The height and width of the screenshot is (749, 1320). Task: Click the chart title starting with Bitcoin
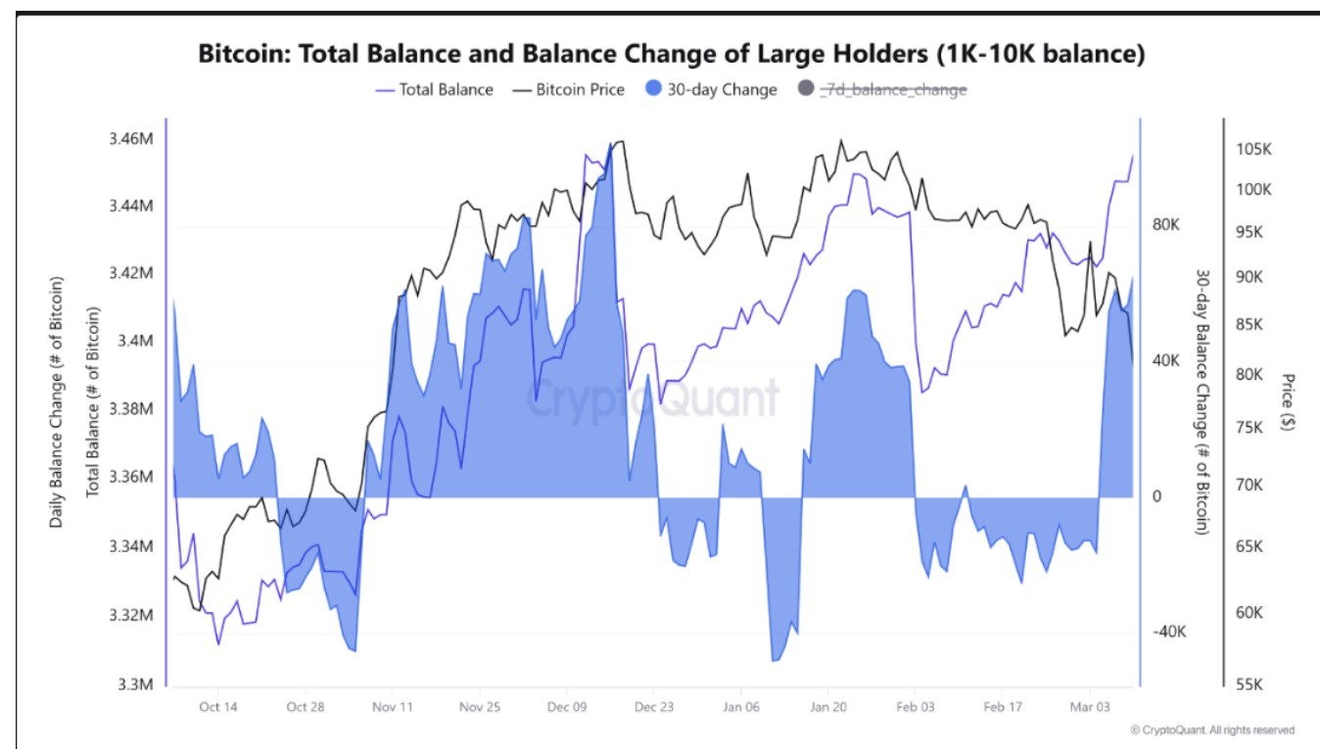pyautogui.click(x=671, y=53)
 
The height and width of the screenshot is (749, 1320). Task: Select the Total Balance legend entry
pyautogui.click(x=435, y=89)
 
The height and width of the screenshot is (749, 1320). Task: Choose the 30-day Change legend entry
pyautogui.click(x=711, y=89)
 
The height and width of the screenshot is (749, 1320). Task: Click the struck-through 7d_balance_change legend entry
pyautogui.click(x=882, y=89)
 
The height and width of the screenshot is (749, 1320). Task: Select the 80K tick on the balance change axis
pyautogui.click(x=1166, y=224)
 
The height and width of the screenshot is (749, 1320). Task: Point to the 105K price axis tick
pyautogui.click(x=1253, y=150)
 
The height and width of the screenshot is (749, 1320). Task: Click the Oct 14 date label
pyautogui.click(x=216, y=707)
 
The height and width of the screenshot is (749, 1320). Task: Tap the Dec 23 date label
pyautogui.click(x=653, y=707)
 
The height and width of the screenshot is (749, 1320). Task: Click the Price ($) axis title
pyautogui.click(x=1288, y=401)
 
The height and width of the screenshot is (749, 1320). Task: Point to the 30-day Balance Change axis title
pyautogui.click(x=1203, y=401)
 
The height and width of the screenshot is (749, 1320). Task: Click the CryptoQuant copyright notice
pyautogui.click(x=1212, y=729)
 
